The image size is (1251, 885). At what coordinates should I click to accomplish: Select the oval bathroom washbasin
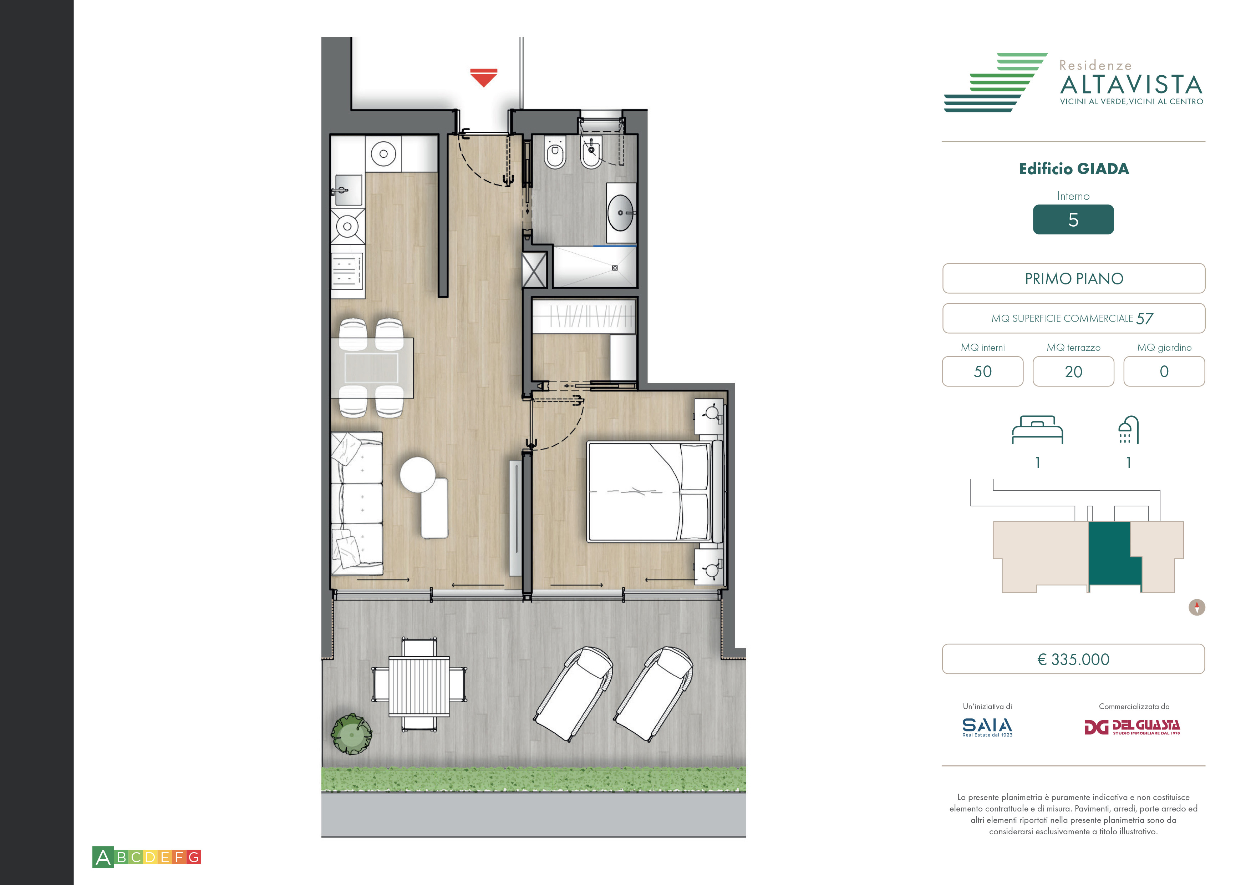(621, 213)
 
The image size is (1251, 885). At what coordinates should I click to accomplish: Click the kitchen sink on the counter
(348, 190)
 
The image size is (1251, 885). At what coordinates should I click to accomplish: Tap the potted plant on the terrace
(351, 733)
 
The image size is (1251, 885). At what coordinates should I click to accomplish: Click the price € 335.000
(1073, 659)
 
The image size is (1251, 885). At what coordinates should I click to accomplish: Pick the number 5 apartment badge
(1073, 219)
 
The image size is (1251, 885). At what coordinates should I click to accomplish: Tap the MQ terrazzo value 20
(1073, 371)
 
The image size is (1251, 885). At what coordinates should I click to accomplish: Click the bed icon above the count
(1037, 430)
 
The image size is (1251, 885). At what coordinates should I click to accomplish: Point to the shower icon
(1128, 430)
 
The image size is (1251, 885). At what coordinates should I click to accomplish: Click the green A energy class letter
(103, 857)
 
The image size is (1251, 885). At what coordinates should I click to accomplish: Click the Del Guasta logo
(1132, 727)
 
